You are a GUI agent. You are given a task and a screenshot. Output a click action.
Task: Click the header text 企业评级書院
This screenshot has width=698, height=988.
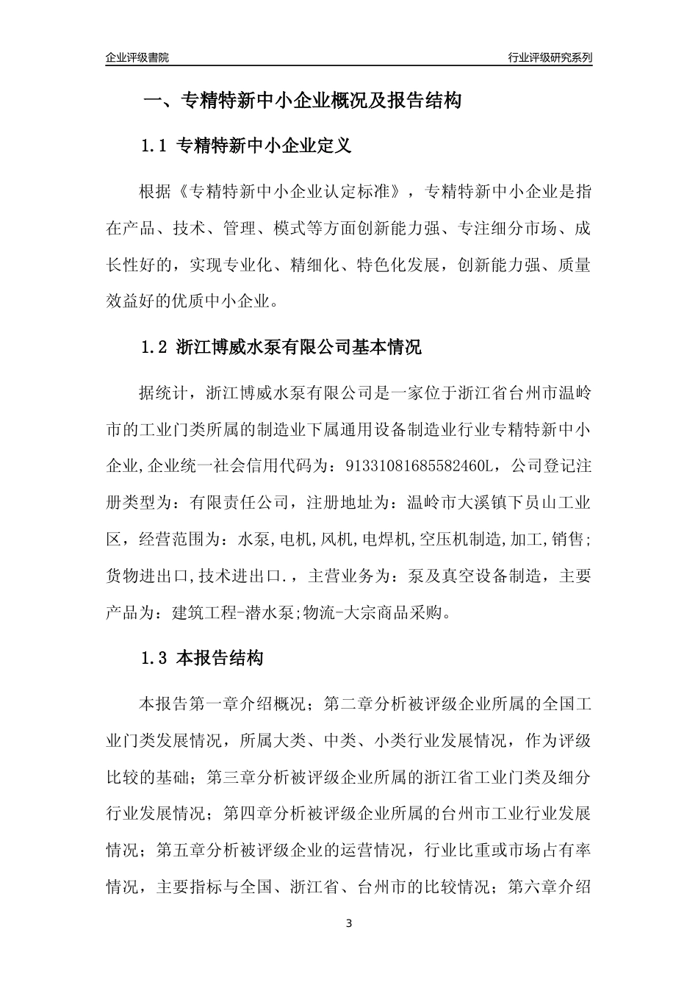137,57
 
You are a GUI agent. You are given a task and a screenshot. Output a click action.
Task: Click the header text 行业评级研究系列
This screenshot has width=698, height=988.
550,57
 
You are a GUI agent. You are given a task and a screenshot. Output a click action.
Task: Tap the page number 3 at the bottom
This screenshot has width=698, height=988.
349,923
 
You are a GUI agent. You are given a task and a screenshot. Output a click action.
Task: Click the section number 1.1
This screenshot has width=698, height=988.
154,146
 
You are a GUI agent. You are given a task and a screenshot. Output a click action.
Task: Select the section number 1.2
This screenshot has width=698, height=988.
154,347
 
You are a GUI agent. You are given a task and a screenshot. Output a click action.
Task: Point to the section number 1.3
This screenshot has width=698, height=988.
154,659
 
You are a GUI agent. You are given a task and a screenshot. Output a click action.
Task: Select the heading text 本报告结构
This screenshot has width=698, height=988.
220,659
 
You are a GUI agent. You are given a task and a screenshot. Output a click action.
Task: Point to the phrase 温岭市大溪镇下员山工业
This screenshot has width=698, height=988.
499,504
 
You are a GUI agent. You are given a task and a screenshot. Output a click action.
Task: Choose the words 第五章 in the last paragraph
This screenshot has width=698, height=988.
181,851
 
